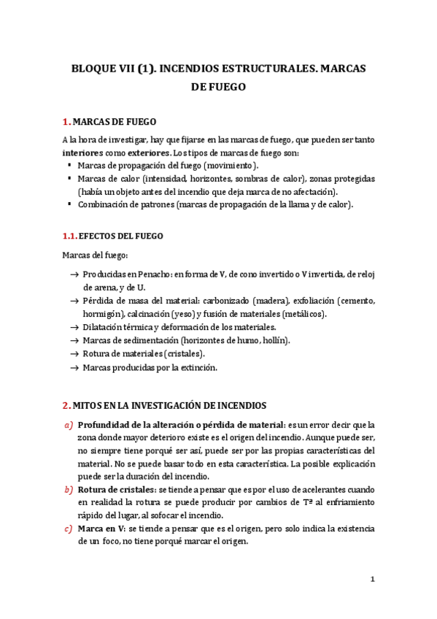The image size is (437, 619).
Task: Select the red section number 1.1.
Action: coord(68,236)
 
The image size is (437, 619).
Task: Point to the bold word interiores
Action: coord(82,153)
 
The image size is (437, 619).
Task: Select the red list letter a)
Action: coord(69,424)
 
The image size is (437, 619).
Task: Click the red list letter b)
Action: coord(69,489)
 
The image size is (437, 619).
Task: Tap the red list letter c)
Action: coord(69,528)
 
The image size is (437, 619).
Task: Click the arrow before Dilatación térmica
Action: coord(74,327)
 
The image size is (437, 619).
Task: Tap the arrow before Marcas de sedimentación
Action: coord(74,340)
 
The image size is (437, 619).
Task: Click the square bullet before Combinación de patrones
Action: coord(69,204)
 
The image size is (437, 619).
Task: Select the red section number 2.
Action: coord(66,404)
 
